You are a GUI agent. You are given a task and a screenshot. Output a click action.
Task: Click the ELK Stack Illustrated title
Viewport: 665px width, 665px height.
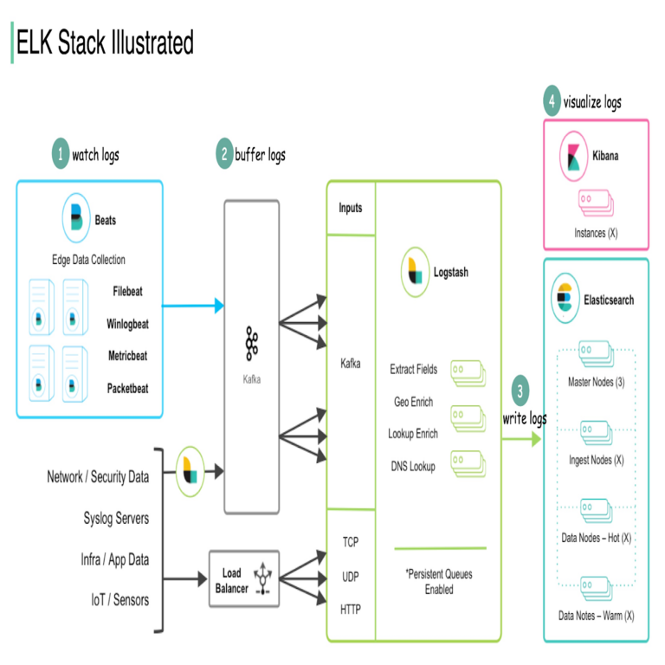click(x=104, y=42)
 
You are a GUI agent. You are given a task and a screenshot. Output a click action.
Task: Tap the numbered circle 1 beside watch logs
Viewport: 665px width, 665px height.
click(x=59, y=155)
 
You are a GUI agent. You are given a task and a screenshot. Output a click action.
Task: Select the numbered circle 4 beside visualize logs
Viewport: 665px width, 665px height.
click(x=552, y=101)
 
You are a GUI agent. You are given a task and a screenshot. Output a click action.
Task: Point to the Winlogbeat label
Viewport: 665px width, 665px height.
click(x=127, y=324)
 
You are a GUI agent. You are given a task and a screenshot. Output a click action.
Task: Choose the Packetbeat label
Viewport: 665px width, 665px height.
click(x=127, y=388)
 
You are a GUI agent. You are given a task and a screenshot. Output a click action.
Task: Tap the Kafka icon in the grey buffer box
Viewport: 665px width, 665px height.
click(x=252, y=344)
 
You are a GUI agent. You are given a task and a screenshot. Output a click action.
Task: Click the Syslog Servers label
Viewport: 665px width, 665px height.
click(x=116, y=518)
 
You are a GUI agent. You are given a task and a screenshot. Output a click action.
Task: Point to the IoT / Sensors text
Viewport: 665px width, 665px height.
click(x=119, y=600)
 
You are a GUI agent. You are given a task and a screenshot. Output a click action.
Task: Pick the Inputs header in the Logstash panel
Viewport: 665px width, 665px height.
click(x=350, y=208)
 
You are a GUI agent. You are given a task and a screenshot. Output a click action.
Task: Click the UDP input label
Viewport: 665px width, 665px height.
click(x=350, y=575)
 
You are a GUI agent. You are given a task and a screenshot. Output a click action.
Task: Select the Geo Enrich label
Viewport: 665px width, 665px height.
click(x=413, y=402)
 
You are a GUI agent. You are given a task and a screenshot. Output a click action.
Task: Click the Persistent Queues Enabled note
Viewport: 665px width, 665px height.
click(x=437, y=581)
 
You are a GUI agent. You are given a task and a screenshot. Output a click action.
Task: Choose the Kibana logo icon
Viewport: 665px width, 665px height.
click(x=573, y=157)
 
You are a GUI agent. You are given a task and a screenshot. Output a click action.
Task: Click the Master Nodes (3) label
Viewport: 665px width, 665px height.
click(x=596, y=382)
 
